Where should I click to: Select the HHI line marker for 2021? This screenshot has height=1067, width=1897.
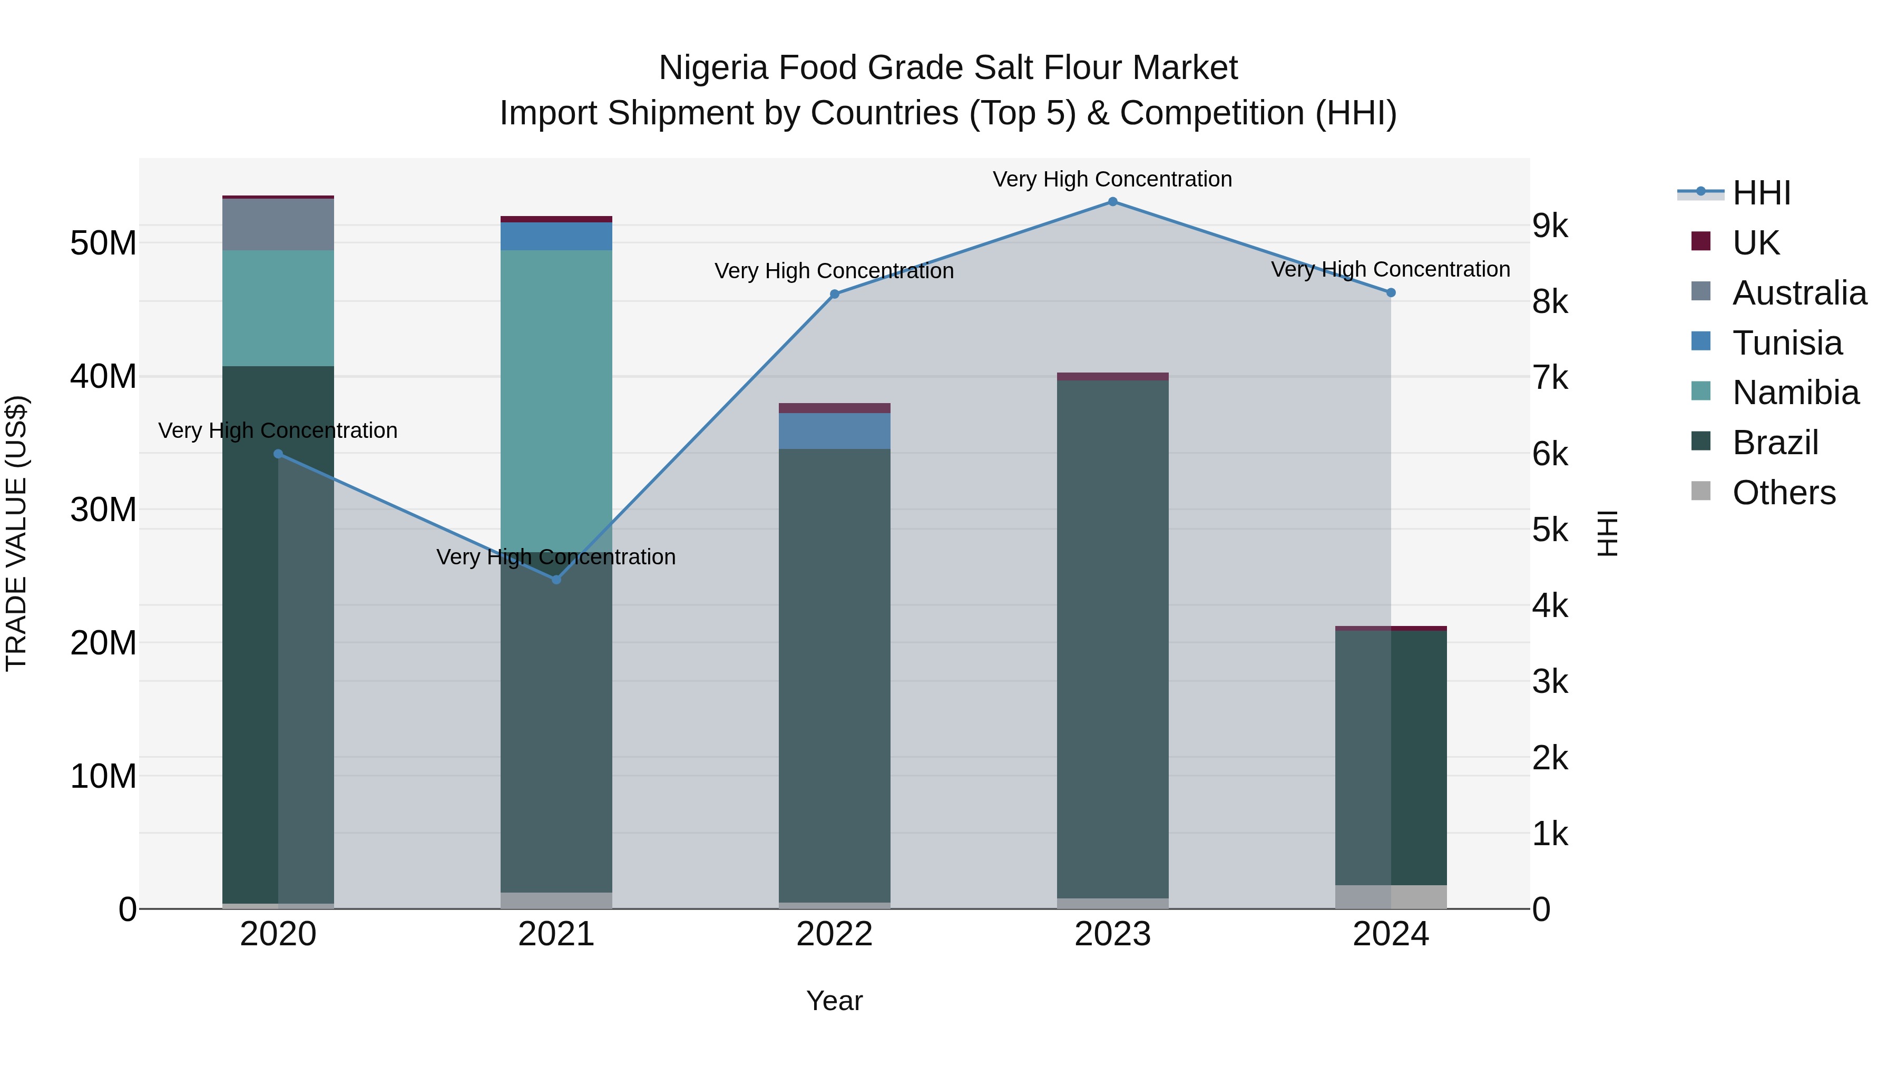point(556,580)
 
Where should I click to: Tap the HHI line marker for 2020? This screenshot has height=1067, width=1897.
point(278,454)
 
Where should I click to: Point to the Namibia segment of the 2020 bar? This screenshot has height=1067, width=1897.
point(278,308)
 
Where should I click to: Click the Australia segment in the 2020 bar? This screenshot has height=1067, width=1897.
point(278,224)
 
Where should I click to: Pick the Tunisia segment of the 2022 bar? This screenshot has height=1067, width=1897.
point(834,431)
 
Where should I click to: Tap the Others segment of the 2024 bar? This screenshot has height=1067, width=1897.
point(1391,896)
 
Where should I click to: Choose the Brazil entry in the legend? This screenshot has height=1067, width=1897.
point(1775,443)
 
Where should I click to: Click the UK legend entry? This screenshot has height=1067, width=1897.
point(1756,243)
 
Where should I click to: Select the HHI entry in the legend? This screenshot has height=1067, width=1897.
point(1761,193)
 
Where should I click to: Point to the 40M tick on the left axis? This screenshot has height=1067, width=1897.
point(103,376)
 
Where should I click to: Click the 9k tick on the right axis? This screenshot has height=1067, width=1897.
point(1551,226)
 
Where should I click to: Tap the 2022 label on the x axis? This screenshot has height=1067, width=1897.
point(834,934)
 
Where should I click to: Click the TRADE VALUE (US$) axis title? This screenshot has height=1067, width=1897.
point(17,533)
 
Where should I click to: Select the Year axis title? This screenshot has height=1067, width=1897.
point(834,1001)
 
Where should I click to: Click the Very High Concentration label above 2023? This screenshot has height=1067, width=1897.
point(1112,179)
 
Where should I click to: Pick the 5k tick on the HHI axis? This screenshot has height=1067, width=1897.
point(1551,530)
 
